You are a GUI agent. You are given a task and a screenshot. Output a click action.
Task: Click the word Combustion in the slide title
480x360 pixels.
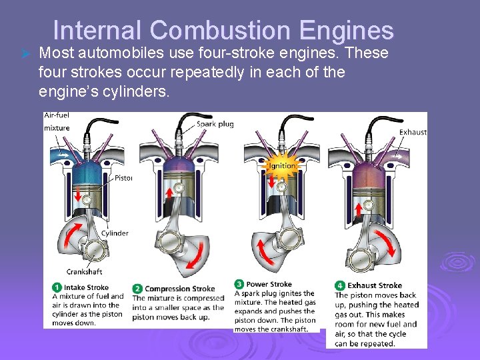click(220, 30)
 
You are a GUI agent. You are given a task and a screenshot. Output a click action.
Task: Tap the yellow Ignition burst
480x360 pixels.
click(283, 165)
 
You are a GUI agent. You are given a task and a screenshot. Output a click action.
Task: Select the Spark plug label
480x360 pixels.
click(215, 124)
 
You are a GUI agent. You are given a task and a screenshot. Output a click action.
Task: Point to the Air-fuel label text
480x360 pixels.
click(57, 115)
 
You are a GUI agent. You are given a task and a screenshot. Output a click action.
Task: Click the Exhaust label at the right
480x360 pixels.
click(413, 132)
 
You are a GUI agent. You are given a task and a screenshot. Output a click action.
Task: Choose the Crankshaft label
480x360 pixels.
click(85, 271)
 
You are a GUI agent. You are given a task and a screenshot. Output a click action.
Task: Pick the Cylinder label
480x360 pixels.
click(115, 233)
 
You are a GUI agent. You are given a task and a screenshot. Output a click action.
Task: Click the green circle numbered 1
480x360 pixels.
click(57, 288)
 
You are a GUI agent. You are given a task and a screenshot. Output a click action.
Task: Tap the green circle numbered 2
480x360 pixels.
click(137, 289)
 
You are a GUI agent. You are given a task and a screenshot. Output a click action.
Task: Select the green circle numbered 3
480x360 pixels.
click(239, 284)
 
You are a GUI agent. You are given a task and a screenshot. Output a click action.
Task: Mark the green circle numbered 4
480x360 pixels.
click(340, 285)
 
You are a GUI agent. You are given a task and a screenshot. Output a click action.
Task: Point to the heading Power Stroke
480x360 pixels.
click(269, 284)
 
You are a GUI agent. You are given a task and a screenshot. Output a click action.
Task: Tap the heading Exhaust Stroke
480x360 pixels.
click(375, 285)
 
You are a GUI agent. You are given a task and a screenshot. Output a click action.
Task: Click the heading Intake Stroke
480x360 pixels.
click(86, 288)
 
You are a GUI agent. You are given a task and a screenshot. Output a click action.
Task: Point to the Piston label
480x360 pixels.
click(123, 178)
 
